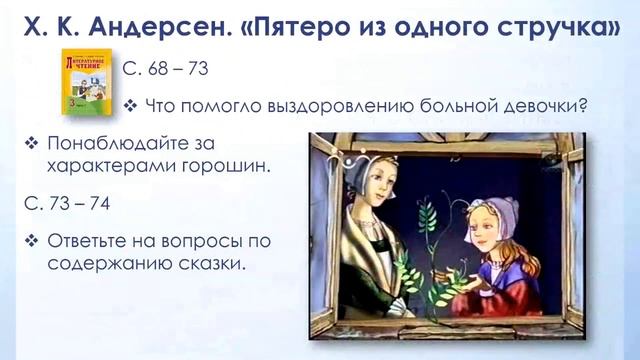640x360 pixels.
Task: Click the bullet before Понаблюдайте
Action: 32,143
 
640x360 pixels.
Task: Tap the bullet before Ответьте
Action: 32,241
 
